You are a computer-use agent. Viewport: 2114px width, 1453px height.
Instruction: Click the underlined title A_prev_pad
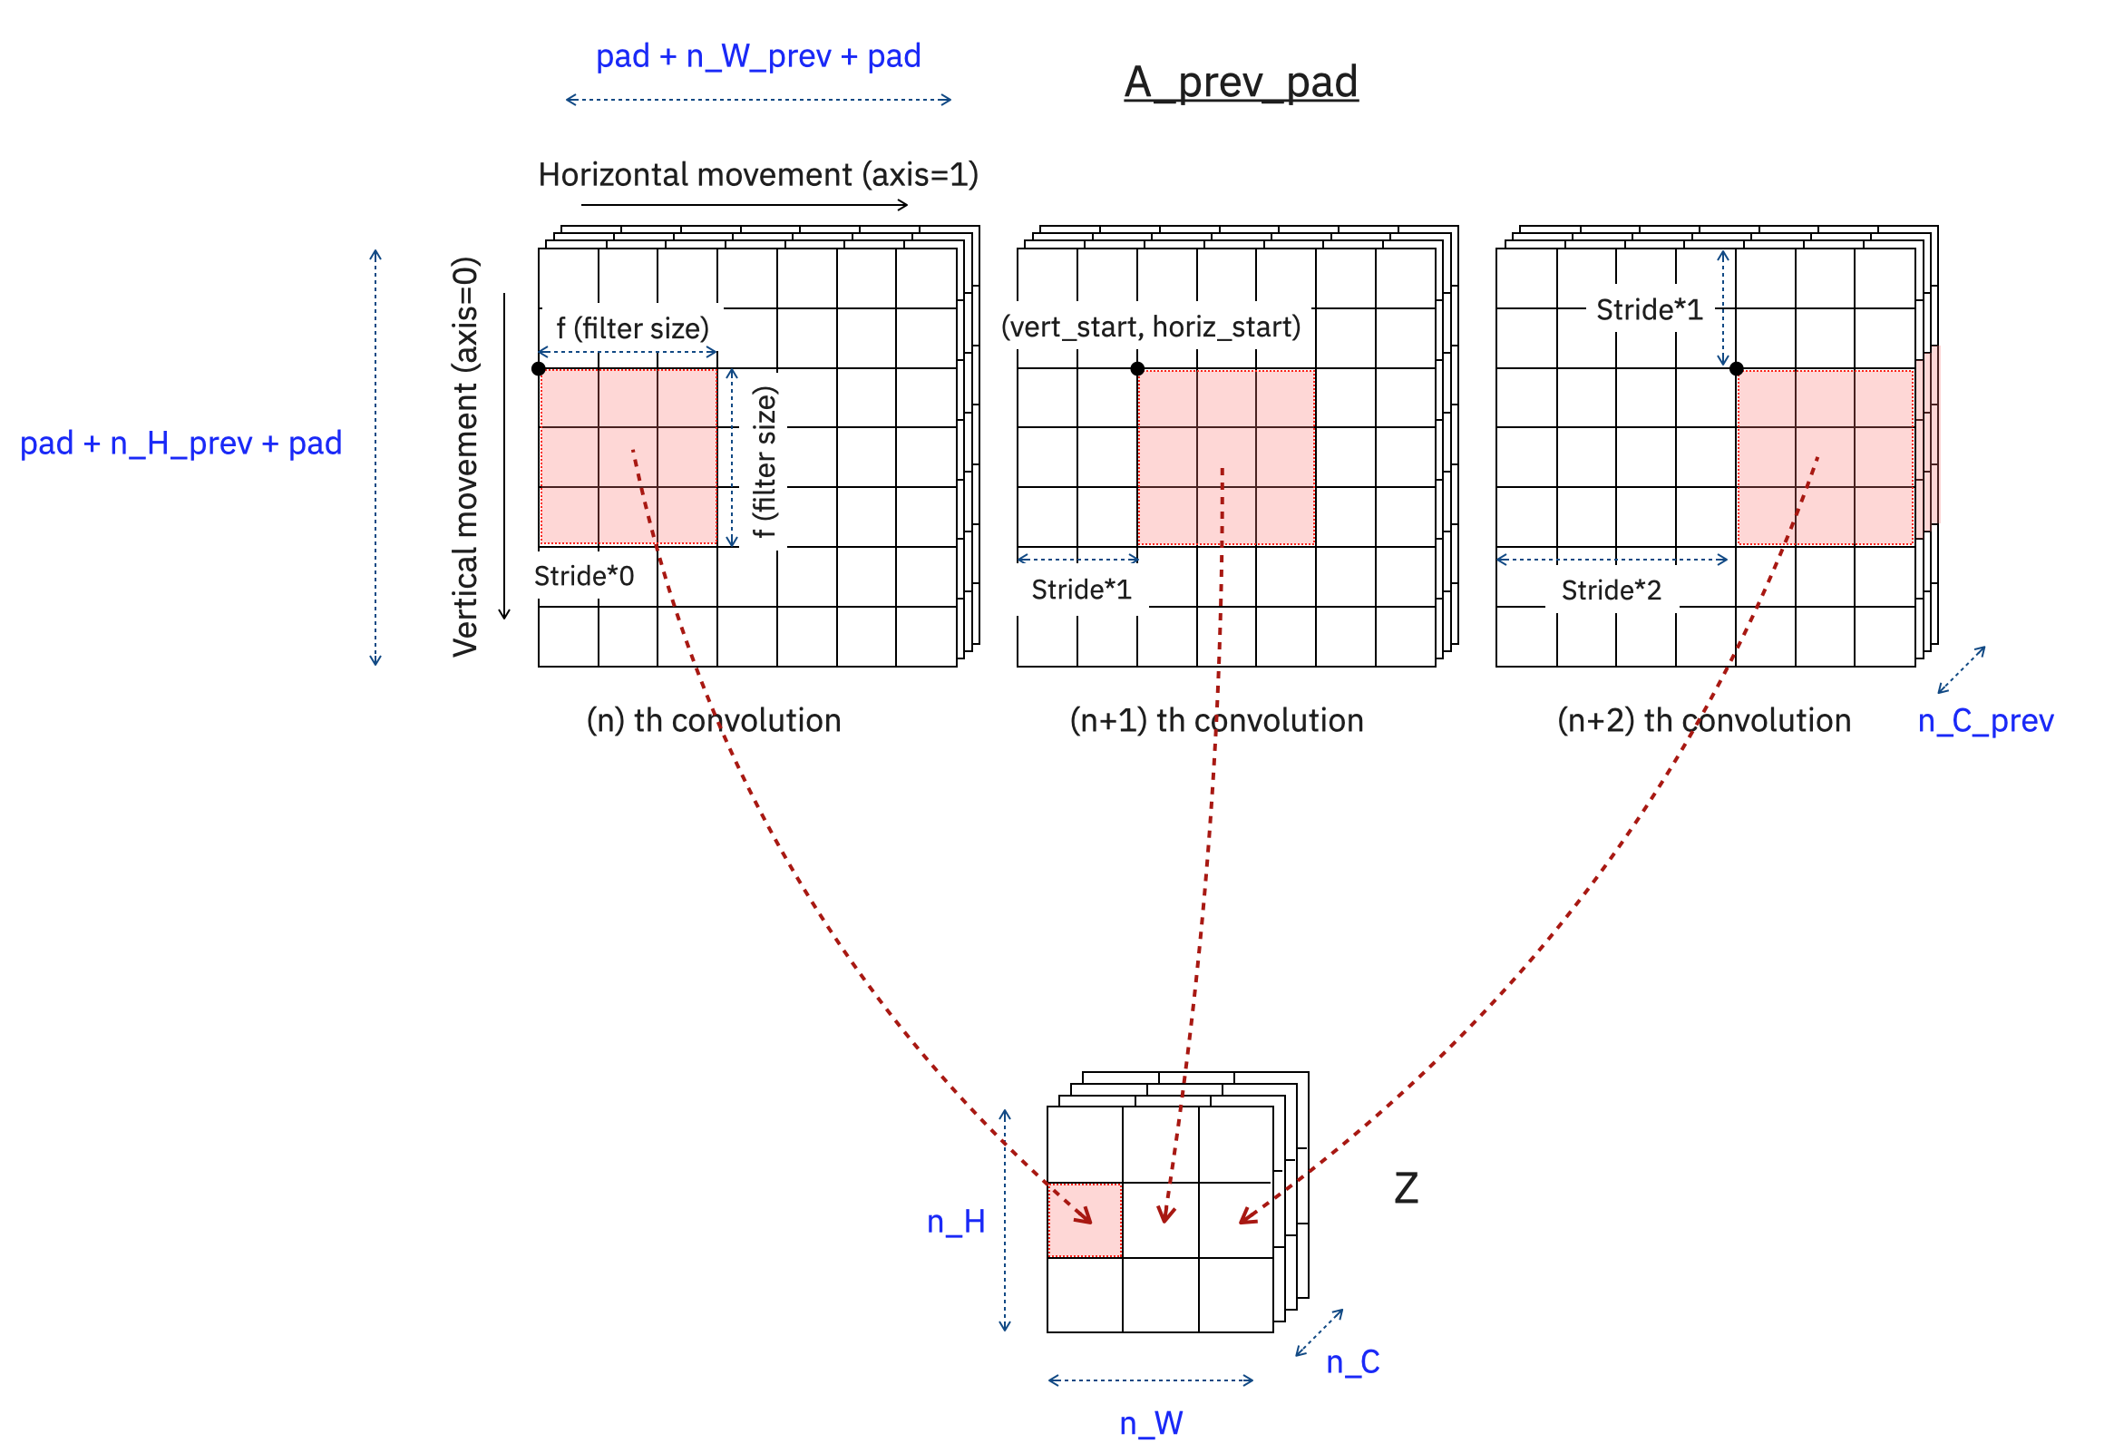point(1240,82)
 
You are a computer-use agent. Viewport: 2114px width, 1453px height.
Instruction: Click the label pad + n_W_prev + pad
point(757,56)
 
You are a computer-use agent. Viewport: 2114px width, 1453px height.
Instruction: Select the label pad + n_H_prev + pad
point(180,444)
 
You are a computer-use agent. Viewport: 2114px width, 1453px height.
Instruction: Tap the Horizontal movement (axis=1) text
point(757,174)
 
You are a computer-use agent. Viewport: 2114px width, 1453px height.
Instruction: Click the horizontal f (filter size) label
point(632,327)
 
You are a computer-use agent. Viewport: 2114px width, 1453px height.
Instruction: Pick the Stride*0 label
point(582,575)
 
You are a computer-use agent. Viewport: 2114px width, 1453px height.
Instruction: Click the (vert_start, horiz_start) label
point(1150,327)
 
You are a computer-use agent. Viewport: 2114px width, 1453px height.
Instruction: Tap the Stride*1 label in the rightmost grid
point(1648,309)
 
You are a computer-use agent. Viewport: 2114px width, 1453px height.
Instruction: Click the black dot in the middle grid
point(1137,369)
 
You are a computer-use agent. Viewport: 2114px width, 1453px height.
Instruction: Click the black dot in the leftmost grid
point(538,369)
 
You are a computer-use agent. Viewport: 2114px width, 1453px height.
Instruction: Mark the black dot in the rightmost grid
point(1735,369)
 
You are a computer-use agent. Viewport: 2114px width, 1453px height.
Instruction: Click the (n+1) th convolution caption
point(1215,720)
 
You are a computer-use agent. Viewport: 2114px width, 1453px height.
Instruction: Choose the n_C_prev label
point(1984,720)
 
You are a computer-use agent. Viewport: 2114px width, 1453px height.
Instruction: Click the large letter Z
point(1405,1188)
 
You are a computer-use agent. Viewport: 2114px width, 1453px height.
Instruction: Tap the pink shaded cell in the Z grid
point(1084,1220)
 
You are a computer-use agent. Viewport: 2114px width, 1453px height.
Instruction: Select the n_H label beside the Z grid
point(955,1222)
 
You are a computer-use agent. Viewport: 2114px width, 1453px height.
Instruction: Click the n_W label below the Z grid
point(1150,1423)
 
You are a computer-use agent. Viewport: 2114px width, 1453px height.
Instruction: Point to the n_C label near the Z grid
point(1352,1362)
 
